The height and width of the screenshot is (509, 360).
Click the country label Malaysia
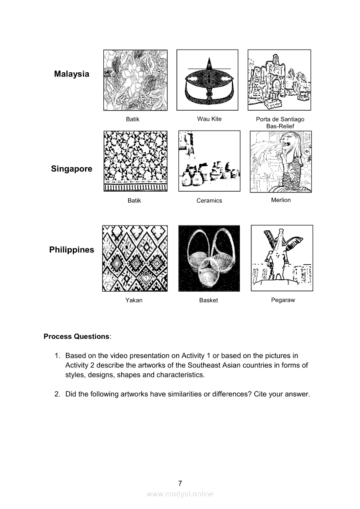[x=71, y=74]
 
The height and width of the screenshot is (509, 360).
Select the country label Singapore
[x=71, y=169]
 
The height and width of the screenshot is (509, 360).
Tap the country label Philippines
[x=71, y=250]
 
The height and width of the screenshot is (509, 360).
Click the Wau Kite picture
[x=207, y=80]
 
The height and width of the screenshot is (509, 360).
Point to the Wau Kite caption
[x=209, y=119]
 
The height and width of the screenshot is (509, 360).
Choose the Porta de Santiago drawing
[x=279, y=80]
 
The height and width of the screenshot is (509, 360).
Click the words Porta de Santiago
[x=280, y=119]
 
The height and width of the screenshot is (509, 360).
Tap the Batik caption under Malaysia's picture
[x=132, y=119]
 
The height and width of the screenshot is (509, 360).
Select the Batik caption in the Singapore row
[x=134, y=201]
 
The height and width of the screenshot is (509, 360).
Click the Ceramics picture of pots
[x=209, y=161]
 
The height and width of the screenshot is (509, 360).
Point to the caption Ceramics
[x=209, y=201]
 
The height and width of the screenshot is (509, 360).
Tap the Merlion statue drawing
[x=281, y=162]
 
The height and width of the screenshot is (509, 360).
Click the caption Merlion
[x=281, y=200]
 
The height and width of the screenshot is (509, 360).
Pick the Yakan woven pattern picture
[x=135, y=258]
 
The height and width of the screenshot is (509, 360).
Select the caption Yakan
[x=134, y=300]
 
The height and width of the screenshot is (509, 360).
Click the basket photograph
[x=209, y=258]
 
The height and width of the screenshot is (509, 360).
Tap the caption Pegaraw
[x=283, y=300]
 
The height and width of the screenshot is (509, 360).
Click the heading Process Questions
[x=77, y=337]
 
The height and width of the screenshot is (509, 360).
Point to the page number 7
[x=180, y=483]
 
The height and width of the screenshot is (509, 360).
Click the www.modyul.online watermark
[x=180, y=494]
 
